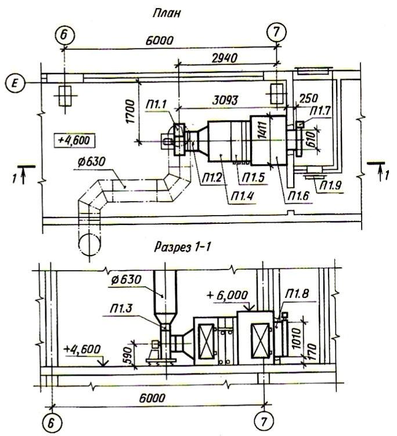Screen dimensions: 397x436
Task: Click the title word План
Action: pyautogui.click(x=166, y=14)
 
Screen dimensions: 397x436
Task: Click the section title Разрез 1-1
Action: pyautogui.click(x=182, y=247)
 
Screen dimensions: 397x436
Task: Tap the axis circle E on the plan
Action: pyautogui.click(x=15, y=83)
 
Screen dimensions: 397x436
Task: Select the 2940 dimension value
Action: pyautogui.click(x=224, y=58)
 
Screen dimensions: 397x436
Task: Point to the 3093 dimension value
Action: pyautogui.click(x=225, y=100)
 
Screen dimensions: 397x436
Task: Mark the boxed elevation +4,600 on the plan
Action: pyautogui.click(x=74, y=140)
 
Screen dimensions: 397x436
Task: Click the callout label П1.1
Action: pyautogui.click(x=156, y=104)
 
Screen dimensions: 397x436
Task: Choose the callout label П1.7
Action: pyautogui.click(x=320, y=111)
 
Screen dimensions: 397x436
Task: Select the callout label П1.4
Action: pyautogui.click(x=242, y=197)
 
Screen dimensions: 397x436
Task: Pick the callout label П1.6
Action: pyautogui.click(x=298, y=196)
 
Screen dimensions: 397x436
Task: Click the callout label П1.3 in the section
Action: pyautogui.click(x=121, y=309)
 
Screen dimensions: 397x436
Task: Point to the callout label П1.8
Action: pyautogui.click(x=298, y=294)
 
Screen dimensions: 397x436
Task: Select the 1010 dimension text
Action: pyautogui.click(x=297, y=339)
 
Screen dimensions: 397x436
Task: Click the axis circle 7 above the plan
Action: pyautogui.click(x=276, y=32)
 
